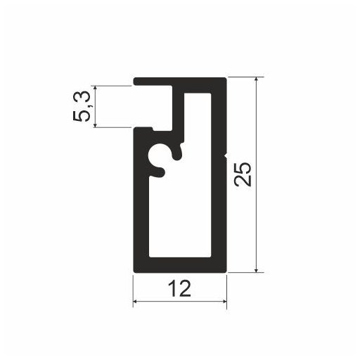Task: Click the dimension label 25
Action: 244,174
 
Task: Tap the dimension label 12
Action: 180,289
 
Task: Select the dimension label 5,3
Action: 82,106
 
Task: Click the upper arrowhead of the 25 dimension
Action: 257,80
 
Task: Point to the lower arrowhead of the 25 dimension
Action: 257,269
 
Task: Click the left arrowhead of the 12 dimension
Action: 136,301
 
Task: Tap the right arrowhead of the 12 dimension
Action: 224,301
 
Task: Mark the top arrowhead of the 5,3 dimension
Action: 95,89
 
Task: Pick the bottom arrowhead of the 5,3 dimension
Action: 95,124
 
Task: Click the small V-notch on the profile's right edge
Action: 226,156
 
